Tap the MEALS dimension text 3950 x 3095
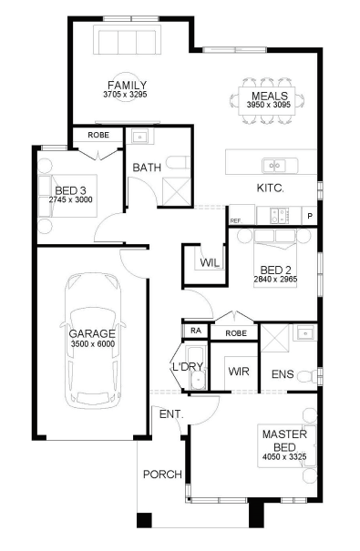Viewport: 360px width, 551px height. pyautogui.click(x=269, y=105)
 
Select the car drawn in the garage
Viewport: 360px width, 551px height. pyautogui.click(x=93, y=341)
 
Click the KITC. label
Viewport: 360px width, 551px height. pyautogui.click(x=271, y=188)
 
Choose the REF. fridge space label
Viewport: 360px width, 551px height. pyautogui.click(x=236, y=220)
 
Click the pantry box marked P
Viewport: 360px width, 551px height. pyautogui.click(x=309, y=216)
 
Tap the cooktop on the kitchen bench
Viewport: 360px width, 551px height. pyautogui.click(x=280, y=216)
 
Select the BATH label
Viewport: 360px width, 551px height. pyautogui.click(x=147, y=168)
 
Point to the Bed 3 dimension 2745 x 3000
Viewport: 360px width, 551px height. pyautogui.click(x=71, y=199)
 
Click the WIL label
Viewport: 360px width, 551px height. pyautogui.click(x=210, y=262)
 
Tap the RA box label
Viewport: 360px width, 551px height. pyautogui.click(x=196, y=331)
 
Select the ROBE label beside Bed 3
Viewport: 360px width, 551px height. pyautogui.click(x=98, y=135)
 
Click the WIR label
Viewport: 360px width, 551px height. pyautogui.click(x=239, y=372)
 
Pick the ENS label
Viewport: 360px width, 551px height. pyautogui.click(x=283, y=374)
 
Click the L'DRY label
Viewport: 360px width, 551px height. pyautogui.click(x=188, y=366)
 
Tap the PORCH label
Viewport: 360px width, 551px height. pyautogui.click(x=162, y=474)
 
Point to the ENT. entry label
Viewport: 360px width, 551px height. pyautogui.click(x=171, y=414)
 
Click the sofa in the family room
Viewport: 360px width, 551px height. pyautogui.click(x=127, y=42)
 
